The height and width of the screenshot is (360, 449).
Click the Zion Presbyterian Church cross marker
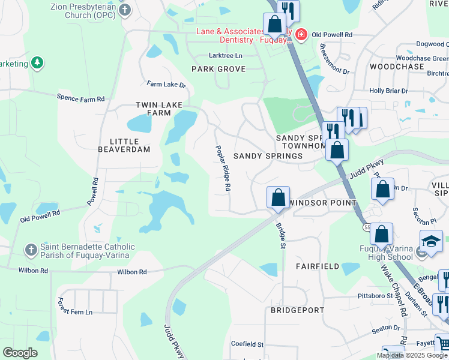(x=124, y=10)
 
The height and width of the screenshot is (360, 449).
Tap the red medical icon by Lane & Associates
(x=301, y=35)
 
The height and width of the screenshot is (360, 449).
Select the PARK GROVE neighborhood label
(x=218, y=69)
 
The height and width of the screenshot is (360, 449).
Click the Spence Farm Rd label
(x=80, y=98)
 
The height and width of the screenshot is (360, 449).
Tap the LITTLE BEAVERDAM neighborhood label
(x=124, y=145)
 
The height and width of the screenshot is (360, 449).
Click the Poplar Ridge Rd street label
(x=223, y=168)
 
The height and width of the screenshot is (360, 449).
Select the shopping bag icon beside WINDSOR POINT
(x=278, y=197)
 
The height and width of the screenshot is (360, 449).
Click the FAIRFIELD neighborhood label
(x=318, y=266)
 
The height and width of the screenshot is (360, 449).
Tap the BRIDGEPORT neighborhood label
(x=297, y=311)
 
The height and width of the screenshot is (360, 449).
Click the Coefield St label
(x=247, y=344)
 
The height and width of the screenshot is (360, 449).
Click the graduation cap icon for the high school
(x=430, y=241)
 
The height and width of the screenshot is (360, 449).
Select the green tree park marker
(x=37, y=63)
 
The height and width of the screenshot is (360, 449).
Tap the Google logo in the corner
(x=20, y=352)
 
